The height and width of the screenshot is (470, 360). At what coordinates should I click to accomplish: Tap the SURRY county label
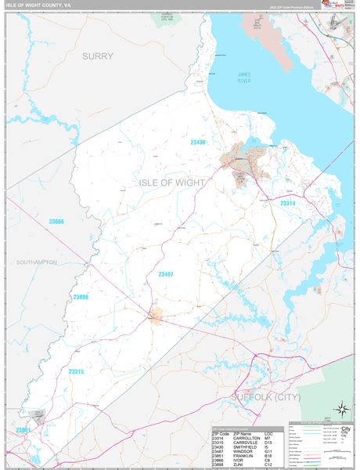coord(98,56)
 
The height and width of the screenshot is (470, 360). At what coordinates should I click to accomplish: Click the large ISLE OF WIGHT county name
coord(171,183)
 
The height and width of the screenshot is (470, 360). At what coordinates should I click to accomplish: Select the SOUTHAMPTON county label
coord(36,262)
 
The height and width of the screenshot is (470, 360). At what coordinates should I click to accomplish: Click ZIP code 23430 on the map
coord(198,142)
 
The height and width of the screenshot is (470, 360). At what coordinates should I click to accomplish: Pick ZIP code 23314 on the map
coord(289,204)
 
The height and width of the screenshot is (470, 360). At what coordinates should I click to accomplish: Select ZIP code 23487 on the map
coord(167,273)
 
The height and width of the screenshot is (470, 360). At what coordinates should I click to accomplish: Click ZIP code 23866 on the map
coord(54,222)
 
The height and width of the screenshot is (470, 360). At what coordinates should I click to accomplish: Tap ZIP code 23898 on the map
coord(82,297)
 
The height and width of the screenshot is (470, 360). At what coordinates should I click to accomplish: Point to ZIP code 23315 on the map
coord(77,349)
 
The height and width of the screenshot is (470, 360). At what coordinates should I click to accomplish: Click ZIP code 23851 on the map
coord(23,430)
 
